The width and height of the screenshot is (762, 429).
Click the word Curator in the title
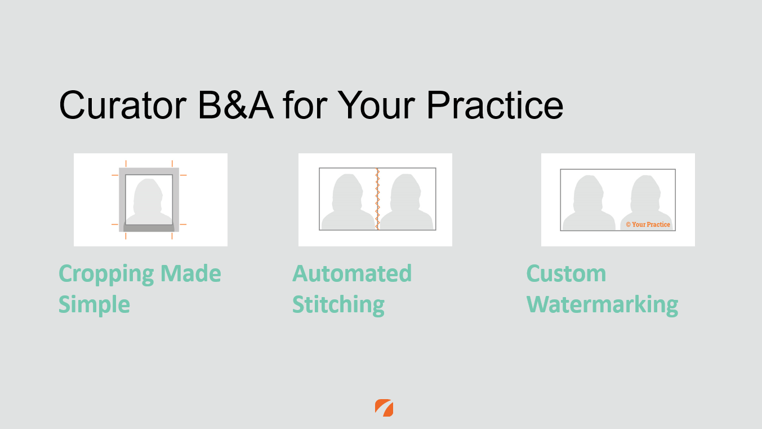(123, 105)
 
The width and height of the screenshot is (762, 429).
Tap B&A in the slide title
(236, 105)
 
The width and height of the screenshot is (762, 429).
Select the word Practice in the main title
(494, 105)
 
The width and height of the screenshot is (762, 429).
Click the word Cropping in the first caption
(106, 275)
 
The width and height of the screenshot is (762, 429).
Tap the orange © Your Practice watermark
(648, 224)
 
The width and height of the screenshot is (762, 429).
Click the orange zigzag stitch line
(377, 199)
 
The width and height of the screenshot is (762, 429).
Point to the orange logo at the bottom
(384, 408)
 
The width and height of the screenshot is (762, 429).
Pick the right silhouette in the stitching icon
(406, 202)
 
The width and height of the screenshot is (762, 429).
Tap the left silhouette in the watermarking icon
(589, 203)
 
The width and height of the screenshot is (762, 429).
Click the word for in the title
(305, 105)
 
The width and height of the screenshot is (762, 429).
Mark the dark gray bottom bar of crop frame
(149, 227)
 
